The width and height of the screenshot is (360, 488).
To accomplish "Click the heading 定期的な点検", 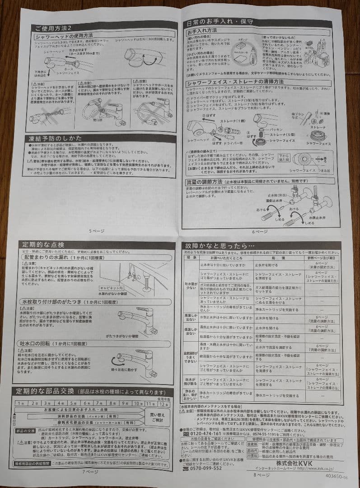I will point(43,244).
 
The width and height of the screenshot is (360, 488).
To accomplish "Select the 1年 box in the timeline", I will point(21,403).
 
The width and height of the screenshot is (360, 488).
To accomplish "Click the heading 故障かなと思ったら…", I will point(217,247).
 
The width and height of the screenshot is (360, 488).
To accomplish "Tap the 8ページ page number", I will point(261,474).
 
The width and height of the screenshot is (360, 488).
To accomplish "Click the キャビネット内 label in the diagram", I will point(111,287).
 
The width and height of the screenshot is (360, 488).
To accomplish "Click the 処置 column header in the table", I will point(275,258).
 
